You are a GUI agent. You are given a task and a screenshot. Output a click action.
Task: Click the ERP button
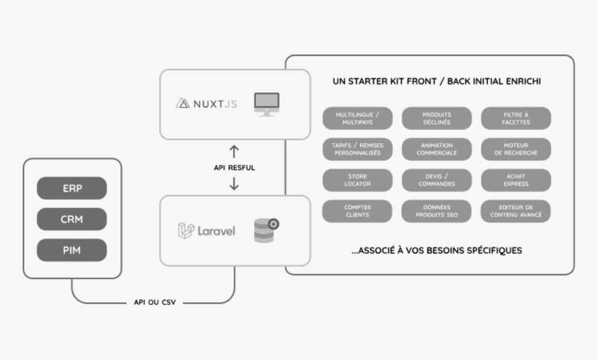72,188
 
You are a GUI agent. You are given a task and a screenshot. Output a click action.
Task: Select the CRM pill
72,219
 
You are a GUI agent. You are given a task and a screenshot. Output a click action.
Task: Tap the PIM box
72,250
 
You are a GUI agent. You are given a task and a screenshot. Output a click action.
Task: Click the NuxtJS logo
206,104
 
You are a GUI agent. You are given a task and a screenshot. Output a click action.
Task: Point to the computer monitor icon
266,104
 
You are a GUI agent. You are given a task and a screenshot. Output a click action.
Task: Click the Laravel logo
206,231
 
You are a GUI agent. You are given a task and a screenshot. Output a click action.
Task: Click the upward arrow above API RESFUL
234,152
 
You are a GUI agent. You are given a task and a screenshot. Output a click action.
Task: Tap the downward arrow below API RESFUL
234,183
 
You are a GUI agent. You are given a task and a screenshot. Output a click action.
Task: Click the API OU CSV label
154,303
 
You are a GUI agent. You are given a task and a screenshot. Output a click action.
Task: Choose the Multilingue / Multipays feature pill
357,118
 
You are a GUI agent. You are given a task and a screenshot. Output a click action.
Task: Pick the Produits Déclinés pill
437,118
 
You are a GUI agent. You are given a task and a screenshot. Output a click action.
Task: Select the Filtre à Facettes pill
516,118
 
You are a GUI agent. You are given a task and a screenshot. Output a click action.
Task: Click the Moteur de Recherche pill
516,149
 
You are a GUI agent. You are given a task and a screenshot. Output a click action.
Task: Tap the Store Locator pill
357,180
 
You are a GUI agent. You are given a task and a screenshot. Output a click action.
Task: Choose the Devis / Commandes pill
437,180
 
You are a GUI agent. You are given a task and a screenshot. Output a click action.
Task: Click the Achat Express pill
516,180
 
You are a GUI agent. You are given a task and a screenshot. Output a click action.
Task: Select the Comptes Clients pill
357,211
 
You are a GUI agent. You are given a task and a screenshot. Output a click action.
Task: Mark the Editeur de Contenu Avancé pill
516,211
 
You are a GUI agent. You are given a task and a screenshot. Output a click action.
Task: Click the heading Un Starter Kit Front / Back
436,82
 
